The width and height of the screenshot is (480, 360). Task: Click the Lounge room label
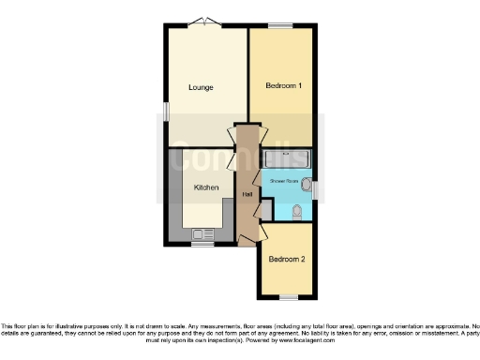point(201,87)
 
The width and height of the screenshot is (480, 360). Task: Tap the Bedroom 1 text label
point(283,85)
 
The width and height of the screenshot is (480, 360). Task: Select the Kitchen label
point(206,187)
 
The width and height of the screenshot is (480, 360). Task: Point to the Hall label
point(247,194)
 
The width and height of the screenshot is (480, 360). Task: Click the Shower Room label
point(285,178)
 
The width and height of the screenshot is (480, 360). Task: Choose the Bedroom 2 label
point(287,259)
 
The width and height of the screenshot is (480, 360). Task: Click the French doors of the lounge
point(206,23)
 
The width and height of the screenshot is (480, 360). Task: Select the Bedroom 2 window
point(288,297)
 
